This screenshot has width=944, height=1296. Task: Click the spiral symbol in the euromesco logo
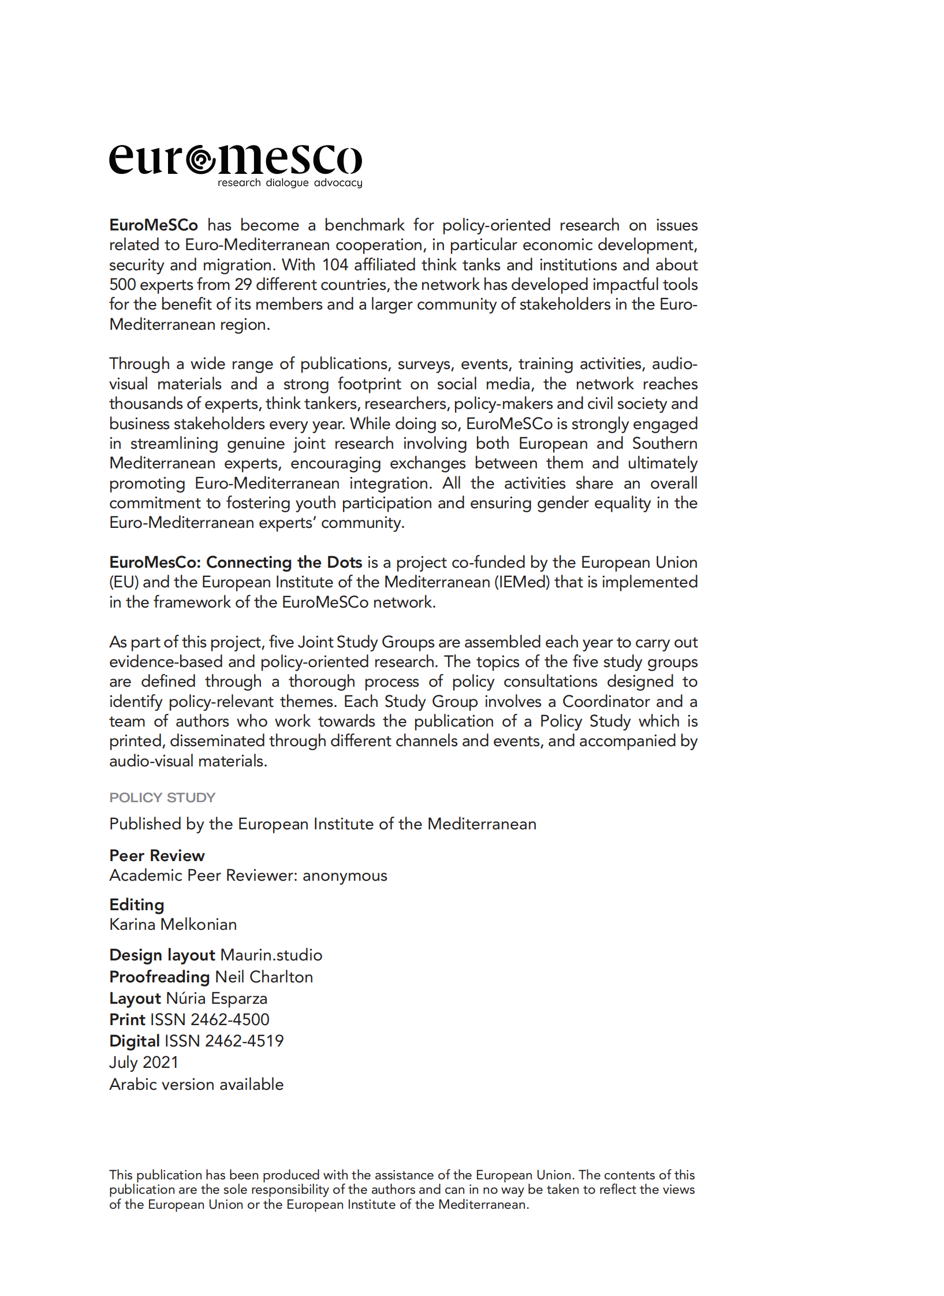tap(200, 161)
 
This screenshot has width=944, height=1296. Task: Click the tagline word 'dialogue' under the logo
tap(287, 183)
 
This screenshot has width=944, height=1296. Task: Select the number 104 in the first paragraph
tap(335, 265)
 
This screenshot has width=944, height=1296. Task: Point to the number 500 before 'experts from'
tap(122, 285)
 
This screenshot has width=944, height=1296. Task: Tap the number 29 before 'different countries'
tap(242, 285)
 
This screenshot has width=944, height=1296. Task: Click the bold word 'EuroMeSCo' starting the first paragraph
tap(154, 225)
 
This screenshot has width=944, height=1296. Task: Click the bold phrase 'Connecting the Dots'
tap(284, 563)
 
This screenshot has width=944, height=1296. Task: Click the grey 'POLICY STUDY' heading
tap(162, 798)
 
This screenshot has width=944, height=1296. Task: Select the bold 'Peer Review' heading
tap(157, 856)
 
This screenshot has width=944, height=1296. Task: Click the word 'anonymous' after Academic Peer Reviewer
tap(345, 876)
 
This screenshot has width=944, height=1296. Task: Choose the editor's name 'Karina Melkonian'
tap(173, 925)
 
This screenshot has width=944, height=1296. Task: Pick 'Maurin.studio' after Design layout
tap(271, 955)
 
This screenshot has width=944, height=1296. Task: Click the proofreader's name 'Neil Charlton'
tap(264, 977)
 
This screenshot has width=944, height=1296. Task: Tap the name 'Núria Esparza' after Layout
tap(217, 999)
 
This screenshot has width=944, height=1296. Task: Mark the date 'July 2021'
tap(144, 1063)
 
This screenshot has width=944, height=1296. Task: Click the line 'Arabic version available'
tap(196, 1085)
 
